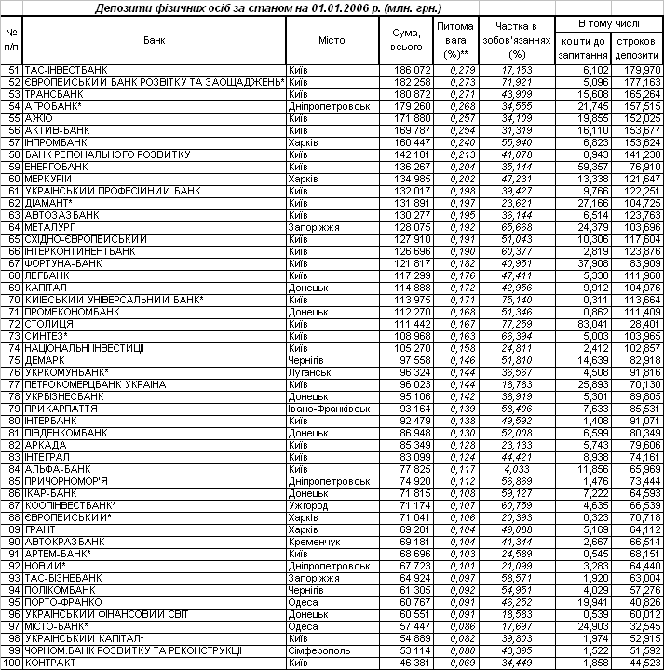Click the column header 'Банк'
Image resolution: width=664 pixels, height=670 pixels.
155,40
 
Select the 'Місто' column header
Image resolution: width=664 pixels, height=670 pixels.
332,40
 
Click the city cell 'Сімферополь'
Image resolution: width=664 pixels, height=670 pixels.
319,650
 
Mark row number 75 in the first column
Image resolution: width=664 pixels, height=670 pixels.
12,360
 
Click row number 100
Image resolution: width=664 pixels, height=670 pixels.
11,663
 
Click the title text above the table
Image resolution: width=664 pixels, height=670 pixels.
332,8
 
